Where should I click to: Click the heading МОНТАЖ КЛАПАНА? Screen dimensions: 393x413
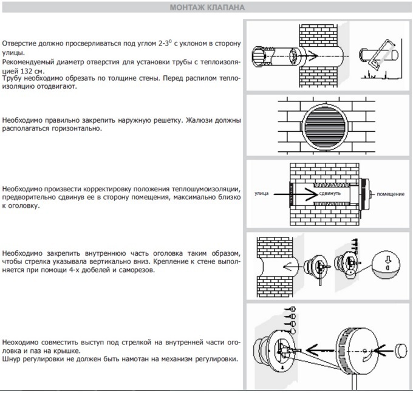click(x=206, y=8)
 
